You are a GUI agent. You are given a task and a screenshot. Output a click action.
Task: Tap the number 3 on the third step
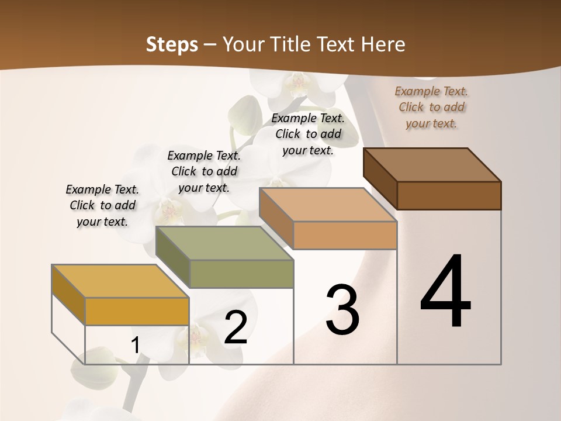(342, 309)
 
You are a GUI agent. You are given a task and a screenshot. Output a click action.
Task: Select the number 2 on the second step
(236, 327)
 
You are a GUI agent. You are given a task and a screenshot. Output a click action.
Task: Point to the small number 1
(135, 346)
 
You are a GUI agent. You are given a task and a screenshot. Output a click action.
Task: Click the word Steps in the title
(172, 44)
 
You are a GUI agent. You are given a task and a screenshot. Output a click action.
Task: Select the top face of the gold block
(120, 281)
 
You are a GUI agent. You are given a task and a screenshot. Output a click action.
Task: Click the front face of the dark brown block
(449, 195)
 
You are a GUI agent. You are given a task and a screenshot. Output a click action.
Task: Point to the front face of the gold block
(137, 311)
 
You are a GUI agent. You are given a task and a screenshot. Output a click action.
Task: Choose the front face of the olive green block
(241, 274)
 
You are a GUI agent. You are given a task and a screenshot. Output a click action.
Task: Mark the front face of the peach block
(345, 235)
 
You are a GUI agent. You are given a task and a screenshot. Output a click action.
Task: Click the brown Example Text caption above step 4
(431, 107)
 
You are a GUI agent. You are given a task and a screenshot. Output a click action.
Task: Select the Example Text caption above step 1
(102, 205)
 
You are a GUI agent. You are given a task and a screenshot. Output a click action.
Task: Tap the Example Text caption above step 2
(204, 171)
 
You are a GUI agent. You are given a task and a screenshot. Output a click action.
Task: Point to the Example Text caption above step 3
(308, 134)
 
